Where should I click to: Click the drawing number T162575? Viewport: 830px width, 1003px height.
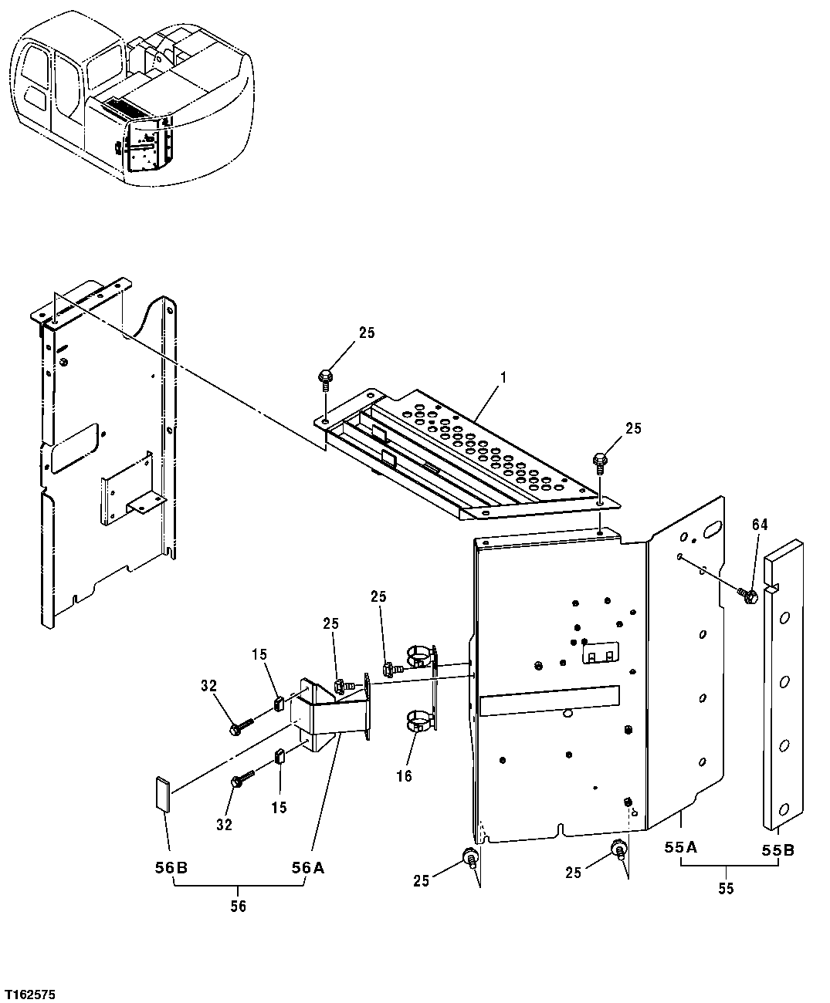[29, 991]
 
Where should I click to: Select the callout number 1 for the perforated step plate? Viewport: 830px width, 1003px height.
[503, 378]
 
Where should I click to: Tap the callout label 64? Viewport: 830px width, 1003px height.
[760, 525]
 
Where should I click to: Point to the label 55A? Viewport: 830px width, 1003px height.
[681, 848]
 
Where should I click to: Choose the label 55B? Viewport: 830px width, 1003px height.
[777, 851]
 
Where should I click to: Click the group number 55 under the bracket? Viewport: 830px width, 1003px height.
[726, 888]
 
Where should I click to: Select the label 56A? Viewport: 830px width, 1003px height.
[307, 868]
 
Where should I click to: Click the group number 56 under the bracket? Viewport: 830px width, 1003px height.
[238, 906]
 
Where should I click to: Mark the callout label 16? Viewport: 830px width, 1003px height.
[404, 775]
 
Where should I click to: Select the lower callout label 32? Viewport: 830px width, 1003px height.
[223, 825]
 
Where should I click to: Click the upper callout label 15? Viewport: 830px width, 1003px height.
[259, 654]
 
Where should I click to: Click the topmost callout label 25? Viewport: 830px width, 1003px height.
[366, 333]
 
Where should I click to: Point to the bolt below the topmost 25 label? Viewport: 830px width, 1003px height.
[325, 378]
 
